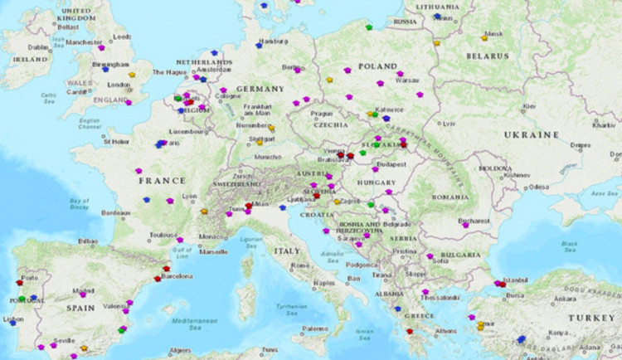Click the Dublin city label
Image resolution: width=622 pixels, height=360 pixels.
[x=38, y=47]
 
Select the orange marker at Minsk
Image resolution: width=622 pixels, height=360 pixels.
[x=484, y=37]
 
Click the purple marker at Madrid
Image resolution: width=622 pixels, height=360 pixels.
[x=82, y=294]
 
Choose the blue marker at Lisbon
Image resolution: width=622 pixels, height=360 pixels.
[x=12, y=324]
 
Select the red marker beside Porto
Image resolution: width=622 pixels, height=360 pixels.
[x=19, y=283]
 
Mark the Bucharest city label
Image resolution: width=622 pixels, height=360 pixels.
[x=474, y=221]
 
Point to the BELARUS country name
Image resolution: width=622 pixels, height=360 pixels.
[x=485, y=56]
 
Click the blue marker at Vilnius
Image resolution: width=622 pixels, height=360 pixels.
[x=438, y=16]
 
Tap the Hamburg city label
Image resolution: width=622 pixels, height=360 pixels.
[x=273, y=41]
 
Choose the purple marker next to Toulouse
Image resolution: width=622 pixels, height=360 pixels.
[x=179, y=240]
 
